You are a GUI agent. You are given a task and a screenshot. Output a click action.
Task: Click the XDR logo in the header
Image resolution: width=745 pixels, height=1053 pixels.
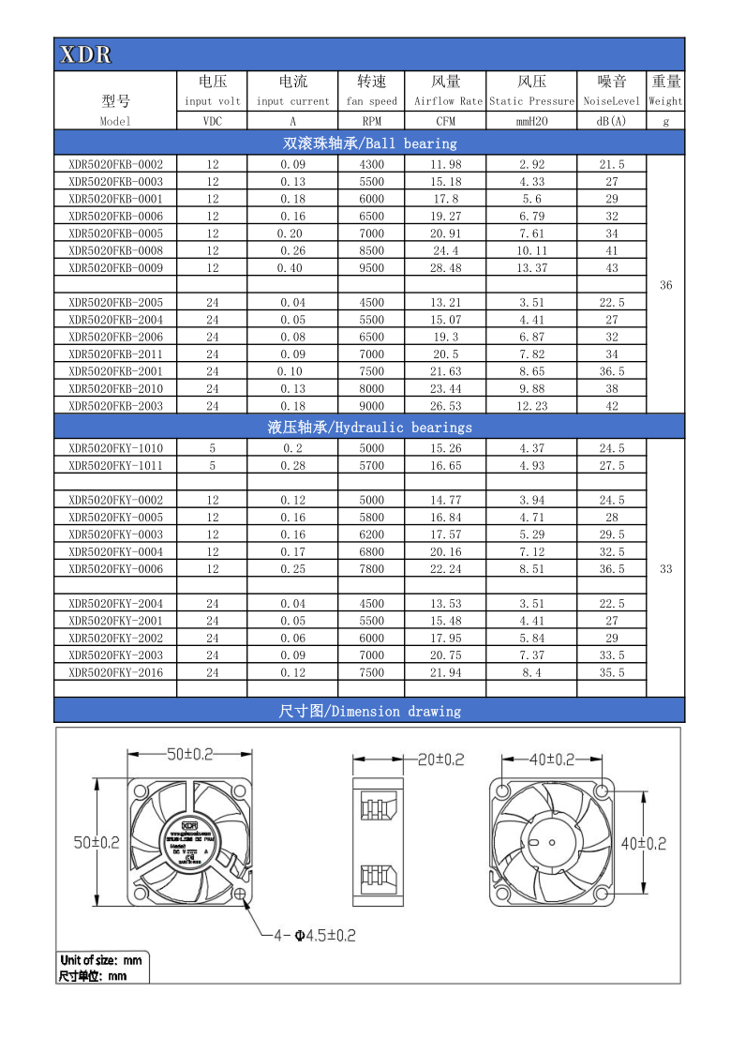pos(85,55)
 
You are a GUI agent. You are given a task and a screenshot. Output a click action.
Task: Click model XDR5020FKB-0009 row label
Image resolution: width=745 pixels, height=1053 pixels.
pos(115,268)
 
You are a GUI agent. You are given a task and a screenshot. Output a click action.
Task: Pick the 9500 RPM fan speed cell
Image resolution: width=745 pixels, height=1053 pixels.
pos(371,268)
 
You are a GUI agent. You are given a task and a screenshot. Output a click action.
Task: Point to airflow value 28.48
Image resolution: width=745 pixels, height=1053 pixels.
pos(446,268)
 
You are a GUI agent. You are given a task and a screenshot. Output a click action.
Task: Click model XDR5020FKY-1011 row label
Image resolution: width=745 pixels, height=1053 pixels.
pos(115,465)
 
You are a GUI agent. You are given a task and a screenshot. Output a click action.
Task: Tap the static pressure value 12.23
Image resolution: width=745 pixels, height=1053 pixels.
pos(531,406)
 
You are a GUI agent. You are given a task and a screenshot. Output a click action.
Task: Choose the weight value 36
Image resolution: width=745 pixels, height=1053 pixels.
pos(665,285)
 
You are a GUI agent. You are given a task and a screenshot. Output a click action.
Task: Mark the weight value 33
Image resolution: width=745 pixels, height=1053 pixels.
pos(665,569)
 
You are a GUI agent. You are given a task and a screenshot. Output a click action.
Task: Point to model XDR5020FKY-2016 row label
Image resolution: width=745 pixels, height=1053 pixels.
pos(115,672)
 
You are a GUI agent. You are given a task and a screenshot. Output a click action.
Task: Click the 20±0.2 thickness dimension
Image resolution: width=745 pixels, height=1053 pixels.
pos(440,760)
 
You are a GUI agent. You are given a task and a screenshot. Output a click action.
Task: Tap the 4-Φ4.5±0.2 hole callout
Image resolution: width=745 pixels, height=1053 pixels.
pos(313,935)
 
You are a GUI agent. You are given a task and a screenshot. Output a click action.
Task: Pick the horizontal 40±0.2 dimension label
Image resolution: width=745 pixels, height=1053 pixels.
pos(551,759)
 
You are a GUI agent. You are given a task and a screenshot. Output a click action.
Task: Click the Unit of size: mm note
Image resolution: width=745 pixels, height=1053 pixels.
pos(101,960)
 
